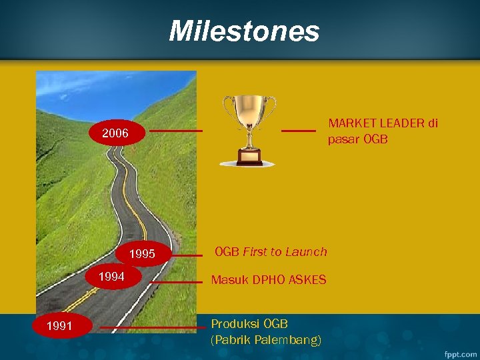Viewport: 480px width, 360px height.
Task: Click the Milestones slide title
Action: point(244,31)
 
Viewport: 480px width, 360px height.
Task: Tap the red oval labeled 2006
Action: point(115,133)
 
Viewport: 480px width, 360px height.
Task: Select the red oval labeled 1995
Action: point(142,254)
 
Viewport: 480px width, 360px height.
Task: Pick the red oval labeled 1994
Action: point(112,276)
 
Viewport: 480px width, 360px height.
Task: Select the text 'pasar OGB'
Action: point(357,139)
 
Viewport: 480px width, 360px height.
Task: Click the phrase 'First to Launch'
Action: point(285,252)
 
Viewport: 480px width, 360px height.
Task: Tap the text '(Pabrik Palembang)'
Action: point(266,340)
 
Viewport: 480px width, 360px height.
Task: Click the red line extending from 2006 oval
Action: point(175,131)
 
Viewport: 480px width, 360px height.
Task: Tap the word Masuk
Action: point(229,280)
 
